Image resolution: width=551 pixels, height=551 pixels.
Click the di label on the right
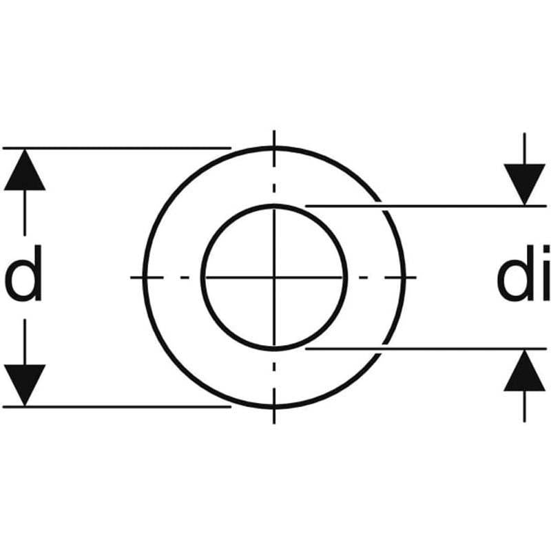[523, 273]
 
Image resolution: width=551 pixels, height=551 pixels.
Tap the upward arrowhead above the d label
[25, 169]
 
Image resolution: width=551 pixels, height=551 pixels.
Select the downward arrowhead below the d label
[25, 385]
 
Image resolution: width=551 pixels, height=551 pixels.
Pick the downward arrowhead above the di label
[524, 185]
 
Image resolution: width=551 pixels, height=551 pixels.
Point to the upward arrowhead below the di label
[524, 371]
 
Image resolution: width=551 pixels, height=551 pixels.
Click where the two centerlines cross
[274, 278]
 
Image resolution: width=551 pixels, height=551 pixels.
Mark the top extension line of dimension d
[117, 148]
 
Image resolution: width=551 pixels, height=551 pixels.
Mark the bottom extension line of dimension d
[117, 406]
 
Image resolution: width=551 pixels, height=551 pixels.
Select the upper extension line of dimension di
[426, 206]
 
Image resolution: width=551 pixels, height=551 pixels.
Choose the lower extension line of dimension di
[426, 349]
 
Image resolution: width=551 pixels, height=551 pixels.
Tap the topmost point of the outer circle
[274, 148]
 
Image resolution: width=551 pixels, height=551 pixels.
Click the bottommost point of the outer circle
[274, 407]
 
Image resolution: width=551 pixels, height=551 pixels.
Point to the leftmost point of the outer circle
[145, 278]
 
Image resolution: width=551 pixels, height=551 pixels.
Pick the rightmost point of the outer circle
[404, 278]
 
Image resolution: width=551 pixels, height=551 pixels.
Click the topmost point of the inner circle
[274, 206]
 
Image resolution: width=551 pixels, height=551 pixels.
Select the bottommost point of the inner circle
[274, 349]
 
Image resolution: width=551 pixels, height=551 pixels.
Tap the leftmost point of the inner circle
[202, 278]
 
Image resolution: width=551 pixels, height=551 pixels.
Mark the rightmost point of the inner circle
[346, 278]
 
